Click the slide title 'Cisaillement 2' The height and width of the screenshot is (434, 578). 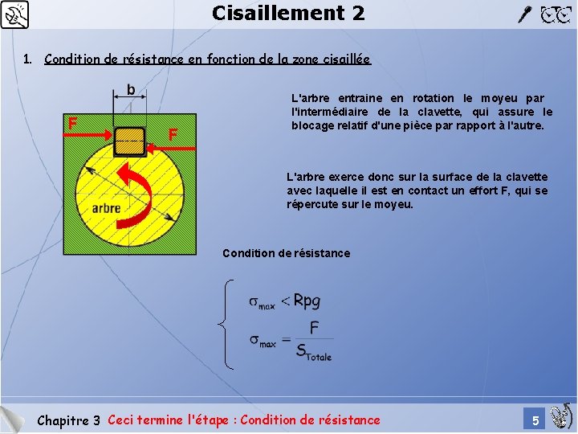tap(288, 13)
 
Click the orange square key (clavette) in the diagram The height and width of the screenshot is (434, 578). tap(129, 141)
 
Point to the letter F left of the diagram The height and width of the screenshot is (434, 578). tap(72, 123)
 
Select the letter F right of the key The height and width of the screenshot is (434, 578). tap(173, 133)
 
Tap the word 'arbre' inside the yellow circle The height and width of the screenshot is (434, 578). tap(106, 207)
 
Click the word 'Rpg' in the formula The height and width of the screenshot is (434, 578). tap(307, 301)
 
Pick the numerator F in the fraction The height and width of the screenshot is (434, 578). tap(314, 328)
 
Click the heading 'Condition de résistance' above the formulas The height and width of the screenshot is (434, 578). tap(286, 253)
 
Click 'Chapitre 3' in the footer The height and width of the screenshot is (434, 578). tap(69, 420)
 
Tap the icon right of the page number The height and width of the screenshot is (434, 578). tap(561, 415)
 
